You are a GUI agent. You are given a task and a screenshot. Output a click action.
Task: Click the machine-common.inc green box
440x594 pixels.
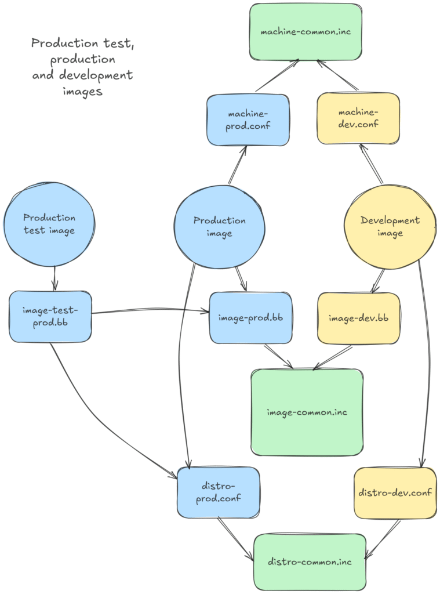click(x=306, y=31)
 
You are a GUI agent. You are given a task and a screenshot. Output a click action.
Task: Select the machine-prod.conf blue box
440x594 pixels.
click(x=248, y=119)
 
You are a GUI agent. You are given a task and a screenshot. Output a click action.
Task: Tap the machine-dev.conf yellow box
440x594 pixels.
click(x=358, y=118)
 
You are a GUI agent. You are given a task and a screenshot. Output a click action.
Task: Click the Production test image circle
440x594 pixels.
click(x=49, y=224)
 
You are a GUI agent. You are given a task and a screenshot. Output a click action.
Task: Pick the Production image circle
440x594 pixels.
click(x=219, y=227)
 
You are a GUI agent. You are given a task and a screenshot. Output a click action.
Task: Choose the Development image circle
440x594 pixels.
click(x=390, y=227)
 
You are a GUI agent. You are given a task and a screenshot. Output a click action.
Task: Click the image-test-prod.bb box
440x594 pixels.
click(x=50, y=317)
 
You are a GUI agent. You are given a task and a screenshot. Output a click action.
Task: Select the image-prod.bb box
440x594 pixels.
click(x=250, y=318)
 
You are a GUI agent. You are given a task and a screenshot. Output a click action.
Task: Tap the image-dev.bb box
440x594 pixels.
click(x=358, y=318)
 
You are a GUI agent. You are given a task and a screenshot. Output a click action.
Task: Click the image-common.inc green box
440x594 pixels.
click(x=307, y=412)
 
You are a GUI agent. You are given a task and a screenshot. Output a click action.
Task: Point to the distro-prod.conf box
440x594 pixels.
click(x=218, y=492)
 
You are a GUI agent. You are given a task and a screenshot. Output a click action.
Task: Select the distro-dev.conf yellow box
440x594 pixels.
click(x=395, y=492)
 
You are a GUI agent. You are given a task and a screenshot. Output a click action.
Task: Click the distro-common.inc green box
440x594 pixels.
click(x=310, y=562)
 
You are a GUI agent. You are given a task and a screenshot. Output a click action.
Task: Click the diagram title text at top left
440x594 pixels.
click(x=82, y=67)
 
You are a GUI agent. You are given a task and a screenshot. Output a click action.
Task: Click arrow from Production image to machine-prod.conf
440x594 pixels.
click(x=238, y=165)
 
